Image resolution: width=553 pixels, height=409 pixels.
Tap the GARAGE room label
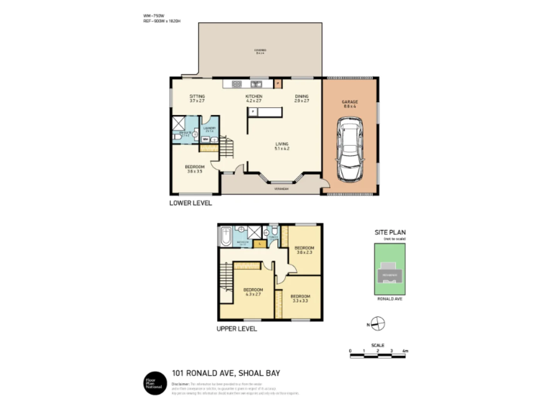[350, 104]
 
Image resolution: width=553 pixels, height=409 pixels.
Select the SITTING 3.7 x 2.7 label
[197, 98]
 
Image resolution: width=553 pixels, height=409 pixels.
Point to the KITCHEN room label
[254, 98]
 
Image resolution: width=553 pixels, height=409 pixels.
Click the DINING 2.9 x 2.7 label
[302, 98]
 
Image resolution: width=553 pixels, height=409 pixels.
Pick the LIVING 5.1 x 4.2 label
[282, 146]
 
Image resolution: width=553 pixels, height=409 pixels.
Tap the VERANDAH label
[281, 189]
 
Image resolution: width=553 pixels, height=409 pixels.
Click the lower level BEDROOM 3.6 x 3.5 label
[195, 169]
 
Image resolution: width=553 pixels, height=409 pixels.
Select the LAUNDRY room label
[209, 129]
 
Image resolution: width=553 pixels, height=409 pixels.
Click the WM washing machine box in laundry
[205, 139]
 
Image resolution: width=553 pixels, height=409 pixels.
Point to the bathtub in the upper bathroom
[226, 236]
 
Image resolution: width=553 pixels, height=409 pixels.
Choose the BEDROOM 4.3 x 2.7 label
[253, 292]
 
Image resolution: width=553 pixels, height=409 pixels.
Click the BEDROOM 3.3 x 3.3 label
[300, 298]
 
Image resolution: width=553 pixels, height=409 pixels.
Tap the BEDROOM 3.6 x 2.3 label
[304, 250]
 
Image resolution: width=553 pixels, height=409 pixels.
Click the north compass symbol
[378, 324]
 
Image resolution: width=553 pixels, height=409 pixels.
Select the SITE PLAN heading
[390, 233]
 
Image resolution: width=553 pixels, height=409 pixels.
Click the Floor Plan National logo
[155, 383]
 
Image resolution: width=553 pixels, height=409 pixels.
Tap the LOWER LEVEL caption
[190, 203]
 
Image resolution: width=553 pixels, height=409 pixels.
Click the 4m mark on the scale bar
[405, 351]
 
